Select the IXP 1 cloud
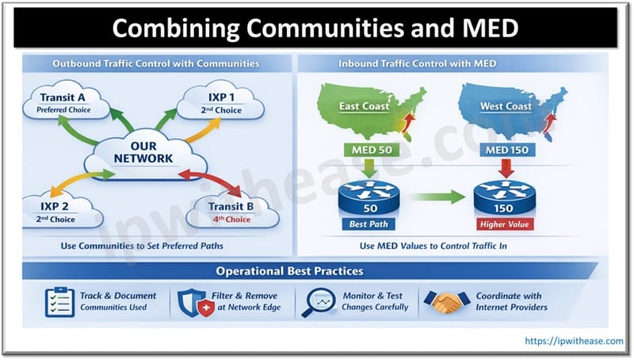coord(213,102)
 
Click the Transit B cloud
coord(230,210)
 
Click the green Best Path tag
coord(369,224)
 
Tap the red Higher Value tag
coord(505,224)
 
